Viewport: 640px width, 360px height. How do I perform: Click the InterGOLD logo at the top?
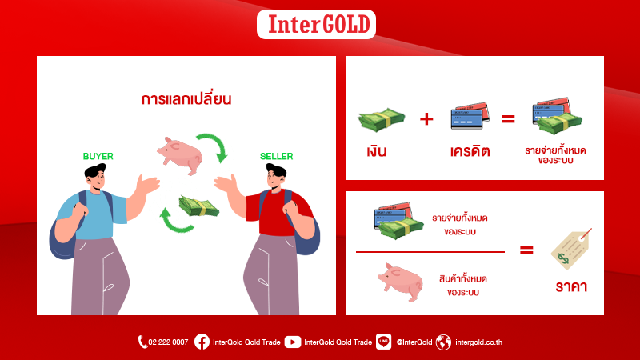pos(316,25)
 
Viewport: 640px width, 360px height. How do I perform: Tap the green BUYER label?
pos(98,156)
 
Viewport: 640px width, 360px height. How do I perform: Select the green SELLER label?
pos(276,156)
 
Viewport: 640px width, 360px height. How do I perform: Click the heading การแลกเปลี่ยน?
pos(186,99)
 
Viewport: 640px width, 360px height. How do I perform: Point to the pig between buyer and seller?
pos(180,155)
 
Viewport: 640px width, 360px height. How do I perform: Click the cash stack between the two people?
pos(198,206)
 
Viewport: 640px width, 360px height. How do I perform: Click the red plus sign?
pos(426,118)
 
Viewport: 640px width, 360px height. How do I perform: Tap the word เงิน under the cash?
pos(376,151)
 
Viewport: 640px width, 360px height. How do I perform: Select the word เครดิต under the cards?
pos(470,152)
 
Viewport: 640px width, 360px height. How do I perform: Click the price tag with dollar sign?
pos(571,249)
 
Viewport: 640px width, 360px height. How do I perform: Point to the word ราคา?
pos(571,286)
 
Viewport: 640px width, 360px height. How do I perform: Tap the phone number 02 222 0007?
pos(168,342)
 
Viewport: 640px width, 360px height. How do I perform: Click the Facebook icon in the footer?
pos(202,342)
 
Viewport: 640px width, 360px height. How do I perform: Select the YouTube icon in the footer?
pos(293,342)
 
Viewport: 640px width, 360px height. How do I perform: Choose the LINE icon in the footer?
pos(383,342)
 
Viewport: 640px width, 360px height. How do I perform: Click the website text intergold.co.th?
pos(478,342)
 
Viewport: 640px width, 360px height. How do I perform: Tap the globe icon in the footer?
pos(443,342)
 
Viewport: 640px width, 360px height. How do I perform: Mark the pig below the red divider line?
pos(401,282)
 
